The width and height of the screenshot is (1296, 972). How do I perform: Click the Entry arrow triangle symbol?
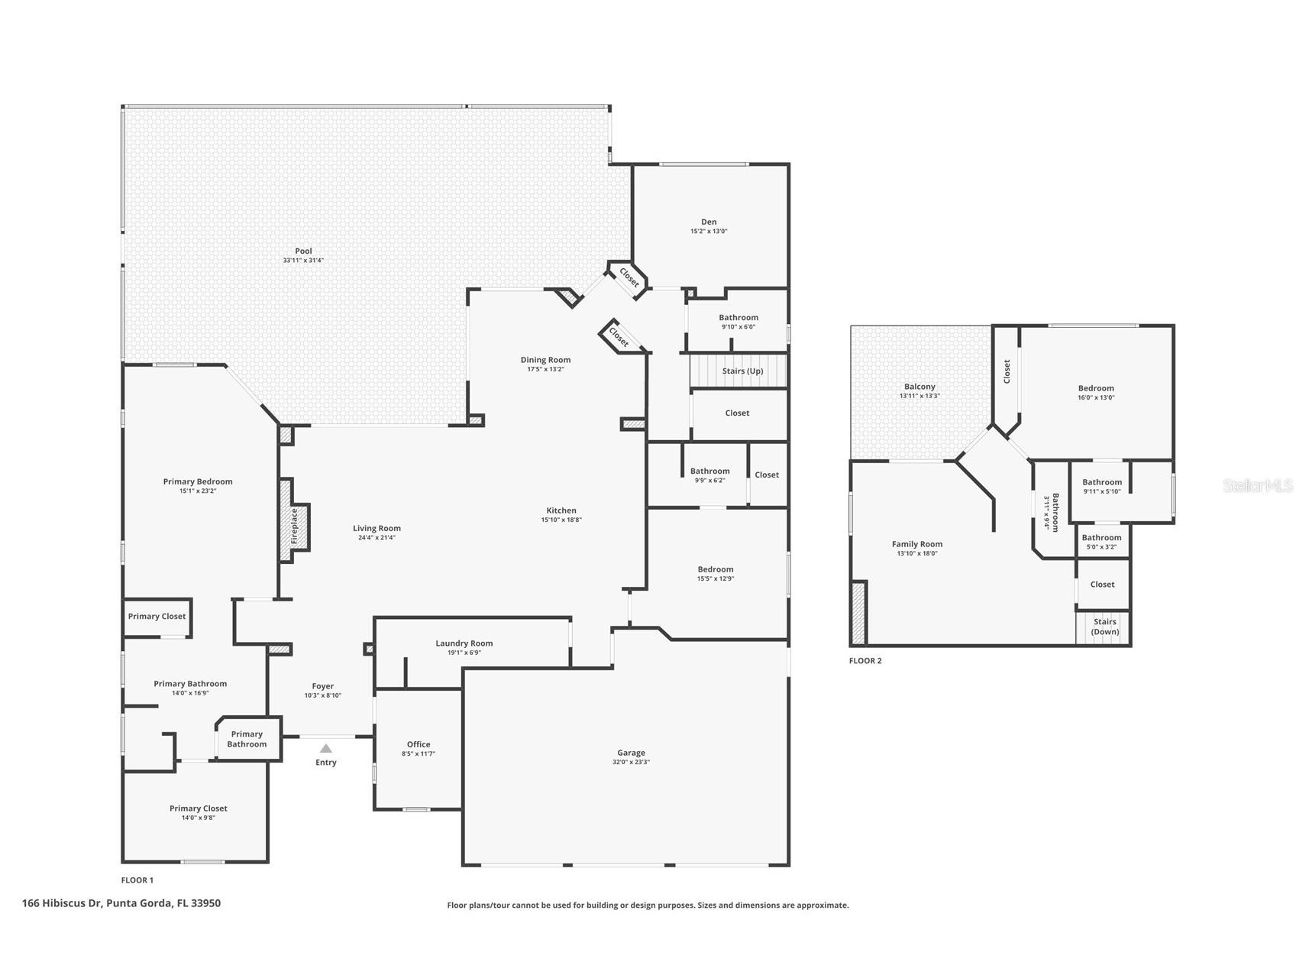[326, 749]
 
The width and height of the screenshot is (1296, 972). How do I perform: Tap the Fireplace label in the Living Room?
[294, 526]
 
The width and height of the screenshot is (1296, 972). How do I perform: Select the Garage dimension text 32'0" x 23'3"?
[631, 762]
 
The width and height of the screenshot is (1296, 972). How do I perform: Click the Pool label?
[304, 251]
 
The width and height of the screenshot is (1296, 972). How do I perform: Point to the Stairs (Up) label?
[742, 371]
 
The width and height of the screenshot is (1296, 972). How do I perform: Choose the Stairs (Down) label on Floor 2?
[1104, 627]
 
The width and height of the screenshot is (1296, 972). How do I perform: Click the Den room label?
[709, 222]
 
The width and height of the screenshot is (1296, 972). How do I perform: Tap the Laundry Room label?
[464, 643]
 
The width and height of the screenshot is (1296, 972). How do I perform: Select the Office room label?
[419, 744]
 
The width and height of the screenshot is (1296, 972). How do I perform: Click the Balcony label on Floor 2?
[919, 387]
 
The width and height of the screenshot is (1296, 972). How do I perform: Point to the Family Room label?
[917, 544]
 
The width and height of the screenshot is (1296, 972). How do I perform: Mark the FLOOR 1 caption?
[137, 880]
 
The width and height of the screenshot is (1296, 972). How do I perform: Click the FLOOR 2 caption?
[865, 661]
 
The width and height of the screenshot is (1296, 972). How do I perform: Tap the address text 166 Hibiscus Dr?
[121, 903]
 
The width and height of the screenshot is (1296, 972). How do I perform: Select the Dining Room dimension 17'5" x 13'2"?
[545, 370]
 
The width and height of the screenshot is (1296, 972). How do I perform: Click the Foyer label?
[323, 686]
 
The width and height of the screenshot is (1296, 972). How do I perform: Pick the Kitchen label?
[561, 510]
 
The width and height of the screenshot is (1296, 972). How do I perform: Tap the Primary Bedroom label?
[198, 481]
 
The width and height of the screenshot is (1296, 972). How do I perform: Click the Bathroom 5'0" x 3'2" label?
[1101, 538]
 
